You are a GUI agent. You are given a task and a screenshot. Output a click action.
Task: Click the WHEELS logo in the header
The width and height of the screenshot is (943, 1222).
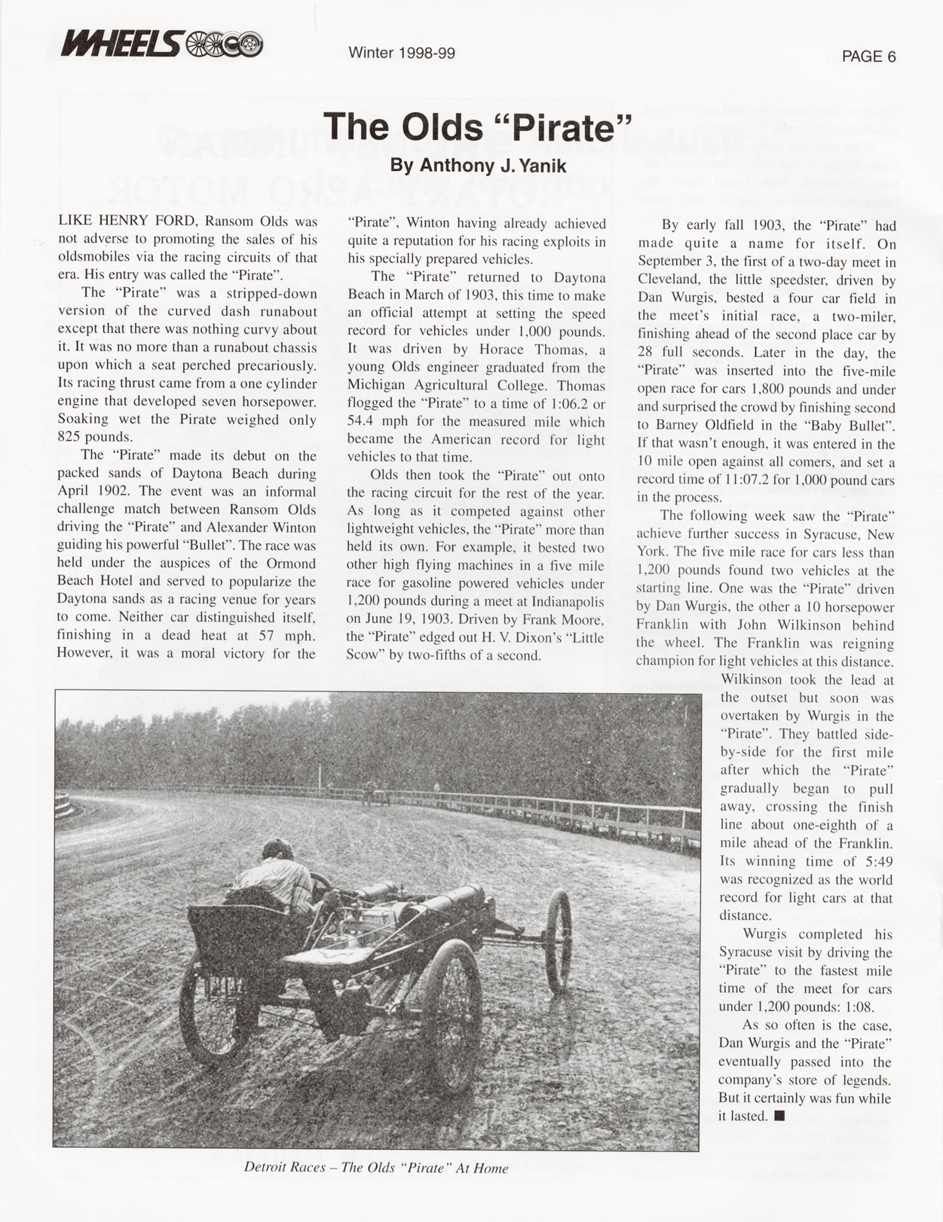pyautogui.click(x=162, y=44)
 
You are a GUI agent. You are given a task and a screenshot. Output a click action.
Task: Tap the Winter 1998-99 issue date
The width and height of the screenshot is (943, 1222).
pyautogui.click(x=402, y=53)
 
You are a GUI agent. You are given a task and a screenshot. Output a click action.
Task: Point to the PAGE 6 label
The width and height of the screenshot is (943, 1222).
pyautogui.click(x=868, y=57)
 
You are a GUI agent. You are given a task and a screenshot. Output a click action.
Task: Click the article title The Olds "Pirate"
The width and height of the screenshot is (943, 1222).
pyautogui.click(x=476, y=126)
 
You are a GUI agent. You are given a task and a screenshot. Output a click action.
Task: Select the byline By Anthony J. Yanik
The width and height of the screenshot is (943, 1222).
pyautogui.click(x=478, y=166)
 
